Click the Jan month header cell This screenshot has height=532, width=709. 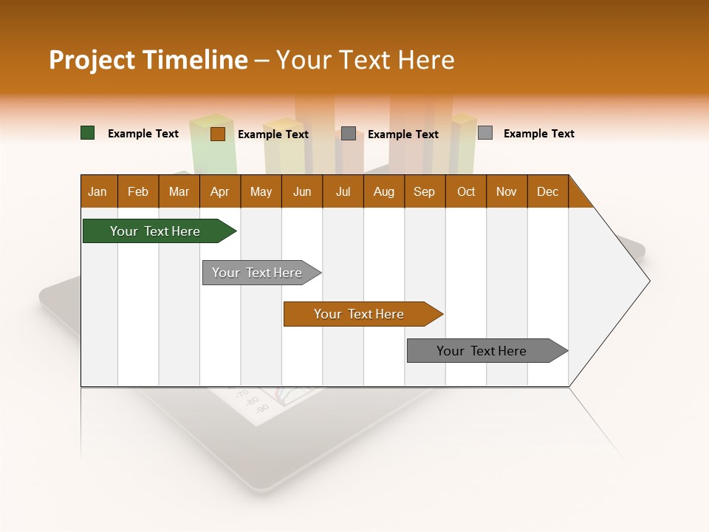(98, 191)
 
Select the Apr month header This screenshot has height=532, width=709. (220, 191)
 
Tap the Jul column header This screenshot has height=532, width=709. (343, 191)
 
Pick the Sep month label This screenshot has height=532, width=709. (425, 191)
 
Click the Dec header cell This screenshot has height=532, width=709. (547, 191)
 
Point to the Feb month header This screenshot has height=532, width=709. (138, 191)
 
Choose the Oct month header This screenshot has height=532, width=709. (466, 191)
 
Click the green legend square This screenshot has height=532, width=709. (88, 133)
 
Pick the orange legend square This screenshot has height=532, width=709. (217, 134)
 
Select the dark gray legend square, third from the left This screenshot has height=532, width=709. (349, 134)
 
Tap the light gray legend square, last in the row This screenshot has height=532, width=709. (485, 133)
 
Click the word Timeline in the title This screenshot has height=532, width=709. (194, 60)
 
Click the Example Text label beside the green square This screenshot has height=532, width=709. (143, 134)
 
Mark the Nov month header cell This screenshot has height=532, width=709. (507, 191)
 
